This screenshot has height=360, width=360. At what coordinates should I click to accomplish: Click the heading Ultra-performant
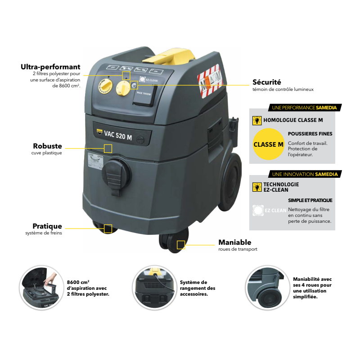[50, 67]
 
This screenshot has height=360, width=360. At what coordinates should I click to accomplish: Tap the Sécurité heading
[267, 82]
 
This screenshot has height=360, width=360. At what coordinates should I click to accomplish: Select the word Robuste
[47, 146]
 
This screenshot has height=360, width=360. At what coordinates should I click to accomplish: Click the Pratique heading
[47, 226]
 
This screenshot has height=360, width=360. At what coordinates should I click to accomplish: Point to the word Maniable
[234, 242]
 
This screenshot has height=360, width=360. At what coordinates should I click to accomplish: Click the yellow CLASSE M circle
[268, 144]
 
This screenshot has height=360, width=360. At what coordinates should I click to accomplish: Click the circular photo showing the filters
[40, 288]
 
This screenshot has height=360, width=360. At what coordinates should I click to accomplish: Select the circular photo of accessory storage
[154, 288]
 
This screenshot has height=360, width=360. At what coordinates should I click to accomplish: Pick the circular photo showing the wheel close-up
[267, 288]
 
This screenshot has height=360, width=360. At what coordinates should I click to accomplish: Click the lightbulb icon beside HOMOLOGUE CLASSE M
[257, 120]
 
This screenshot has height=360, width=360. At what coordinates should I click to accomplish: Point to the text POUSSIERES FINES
[310, 134]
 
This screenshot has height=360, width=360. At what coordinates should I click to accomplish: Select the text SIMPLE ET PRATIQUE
[310, 200]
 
